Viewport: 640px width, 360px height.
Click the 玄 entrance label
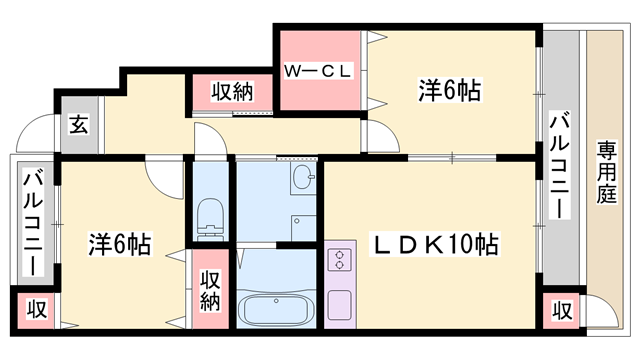click(x=78, y=125)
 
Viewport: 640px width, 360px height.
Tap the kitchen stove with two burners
click(x=340, y=261)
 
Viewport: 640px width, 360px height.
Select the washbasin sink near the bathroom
click(x=304, y=180)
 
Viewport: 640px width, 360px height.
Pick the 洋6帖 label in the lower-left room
click(x=119, y=243)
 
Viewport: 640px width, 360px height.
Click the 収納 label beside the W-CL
click(x=233, y=92)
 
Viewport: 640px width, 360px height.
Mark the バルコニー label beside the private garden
click(x=560, y=165)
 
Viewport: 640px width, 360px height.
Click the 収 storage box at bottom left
click(x=35, y=309)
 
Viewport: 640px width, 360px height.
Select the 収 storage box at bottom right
click(x=562, y=309)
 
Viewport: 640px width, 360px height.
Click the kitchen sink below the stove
click(x=340, y=302)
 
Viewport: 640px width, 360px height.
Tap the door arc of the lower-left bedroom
click(x=163, y=176)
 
